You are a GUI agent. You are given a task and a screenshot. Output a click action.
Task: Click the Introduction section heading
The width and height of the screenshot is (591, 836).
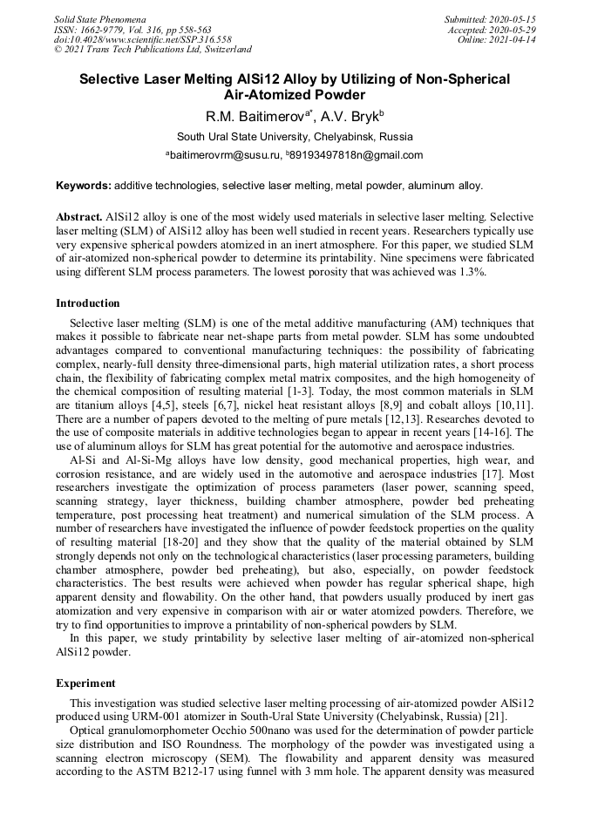click(88, 303)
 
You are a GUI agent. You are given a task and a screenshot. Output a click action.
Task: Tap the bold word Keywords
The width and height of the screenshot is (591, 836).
click(84, 186)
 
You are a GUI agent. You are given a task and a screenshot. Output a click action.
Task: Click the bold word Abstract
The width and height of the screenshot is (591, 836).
click(79, 215)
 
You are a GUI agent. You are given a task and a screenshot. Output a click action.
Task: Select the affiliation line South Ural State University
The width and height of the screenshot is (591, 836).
click(295, 137)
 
